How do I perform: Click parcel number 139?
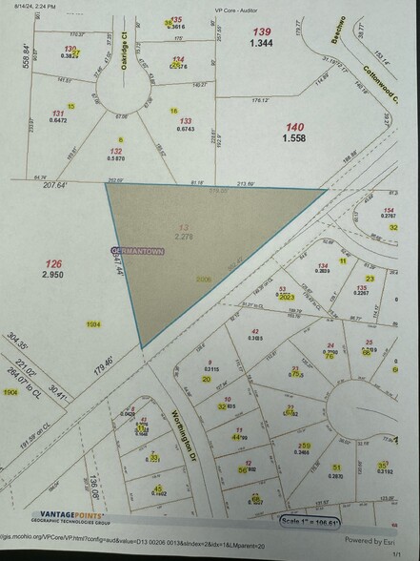point(261,32)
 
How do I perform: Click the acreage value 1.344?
point(261,44)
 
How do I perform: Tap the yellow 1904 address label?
point(10,392)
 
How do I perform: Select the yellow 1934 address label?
point(92,325)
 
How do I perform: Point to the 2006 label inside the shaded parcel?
point(201,280)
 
